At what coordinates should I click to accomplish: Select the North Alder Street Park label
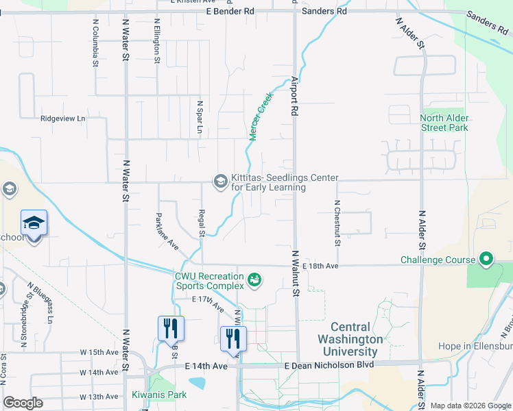click(444, 123)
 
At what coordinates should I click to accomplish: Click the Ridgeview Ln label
click(62, 118)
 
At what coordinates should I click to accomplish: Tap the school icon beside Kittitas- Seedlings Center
click(220, 182)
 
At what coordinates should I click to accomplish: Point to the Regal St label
click(202, 223)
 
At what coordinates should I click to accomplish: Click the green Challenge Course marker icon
click(486, 260)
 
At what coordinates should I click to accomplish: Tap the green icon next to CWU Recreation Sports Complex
click(254, 279)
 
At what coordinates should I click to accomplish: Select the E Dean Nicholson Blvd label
click(329, 366)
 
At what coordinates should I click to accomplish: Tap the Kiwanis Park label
click(158, 395)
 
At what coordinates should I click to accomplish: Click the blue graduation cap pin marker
click(34, 224)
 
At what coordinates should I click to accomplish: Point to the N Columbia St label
click(95, 42)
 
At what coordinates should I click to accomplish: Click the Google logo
click(23, 403)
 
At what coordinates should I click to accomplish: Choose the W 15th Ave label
click(99, 352)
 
